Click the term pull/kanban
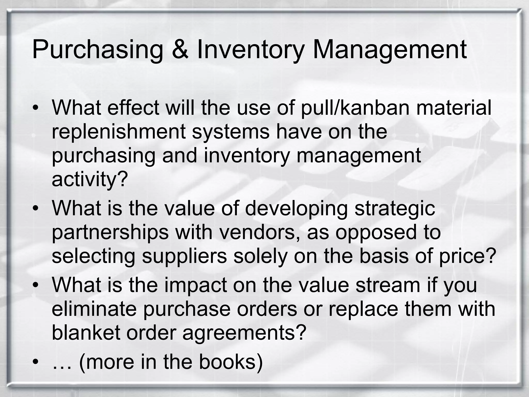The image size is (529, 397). pyautogui.click(x=355, y=108)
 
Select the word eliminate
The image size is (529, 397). pyautogui.click(x=94, y=309)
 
